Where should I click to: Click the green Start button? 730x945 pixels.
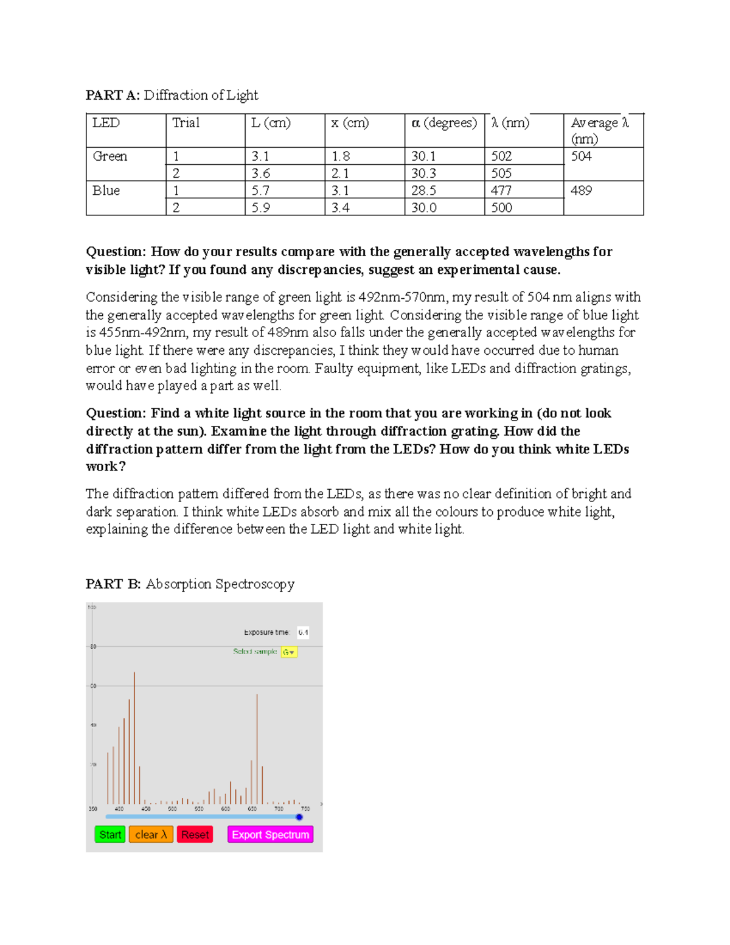pos(109,834)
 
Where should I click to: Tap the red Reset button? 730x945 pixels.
pos(195,834)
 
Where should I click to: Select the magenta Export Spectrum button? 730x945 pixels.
pos(270,834)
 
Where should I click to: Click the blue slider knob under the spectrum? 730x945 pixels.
pos(299,817)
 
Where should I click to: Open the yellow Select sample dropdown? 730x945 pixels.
pos(289,652)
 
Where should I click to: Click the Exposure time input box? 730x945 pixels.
pos(303,632)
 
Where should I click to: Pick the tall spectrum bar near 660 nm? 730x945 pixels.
pos(257,748)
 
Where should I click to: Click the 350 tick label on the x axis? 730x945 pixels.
pos(93,809)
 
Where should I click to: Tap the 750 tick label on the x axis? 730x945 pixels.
pos(305,809)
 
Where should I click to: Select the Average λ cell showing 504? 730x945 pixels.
pos(582,156)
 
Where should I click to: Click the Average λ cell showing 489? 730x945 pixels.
pos(582,190)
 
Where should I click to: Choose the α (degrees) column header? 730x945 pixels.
pos(444,123)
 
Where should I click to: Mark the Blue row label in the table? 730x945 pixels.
pos(106,190)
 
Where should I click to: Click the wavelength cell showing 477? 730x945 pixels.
pos(502,190)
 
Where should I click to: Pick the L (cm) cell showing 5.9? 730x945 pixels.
pos(261,207)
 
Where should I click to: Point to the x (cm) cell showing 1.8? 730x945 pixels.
pos(341,156)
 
